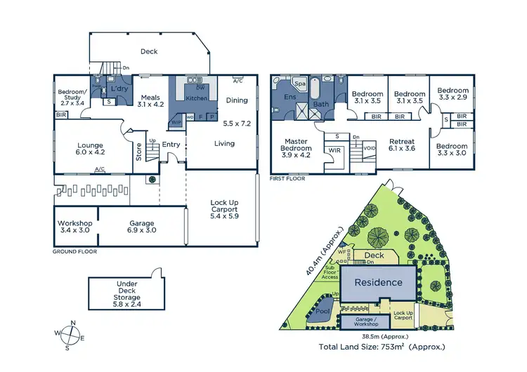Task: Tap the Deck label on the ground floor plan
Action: pyautogui.click(x=149, y=51)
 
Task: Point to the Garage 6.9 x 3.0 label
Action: pyautogui.click(x=141, y=227)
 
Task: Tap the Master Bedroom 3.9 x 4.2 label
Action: pyautogui.click(x=296, y=149)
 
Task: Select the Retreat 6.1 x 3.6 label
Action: pyautogui.click(x=402, y=145)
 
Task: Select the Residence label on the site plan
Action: pyautogui.click(x=378, y=282)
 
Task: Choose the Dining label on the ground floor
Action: pyautogui.click(x=237, y=100)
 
